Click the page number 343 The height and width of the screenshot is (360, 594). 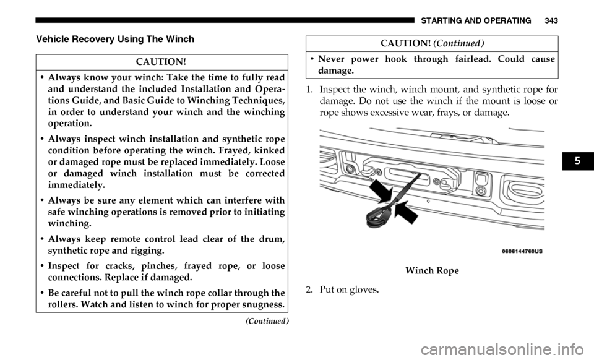tap(552, 21)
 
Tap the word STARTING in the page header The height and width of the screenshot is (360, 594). tap(439, 21)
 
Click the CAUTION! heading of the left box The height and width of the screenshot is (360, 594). tap(161, 62)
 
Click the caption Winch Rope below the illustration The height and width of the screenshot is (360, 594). tap(432, 271)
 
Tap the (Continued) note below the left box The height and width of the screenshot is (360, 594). tap(267, 321)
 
